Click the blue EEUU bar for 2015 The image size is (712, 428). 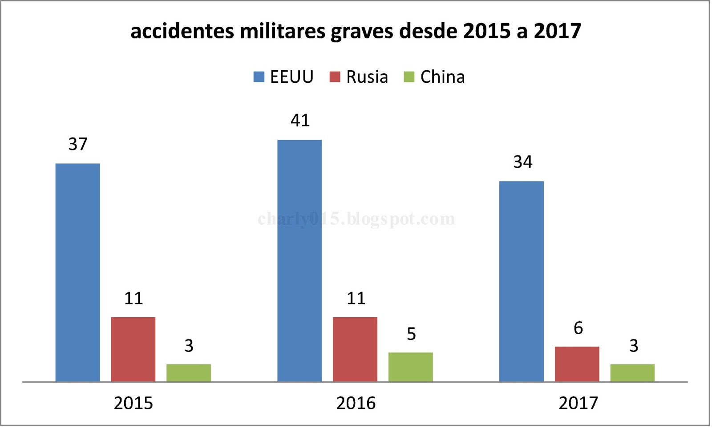77,272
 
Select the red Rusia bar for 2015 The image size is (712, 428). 133,349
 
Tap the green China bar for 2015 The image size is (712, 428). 189,373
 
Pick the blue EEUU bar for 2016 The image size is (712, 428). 299,261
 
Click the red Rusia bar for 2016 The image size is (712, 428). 355,349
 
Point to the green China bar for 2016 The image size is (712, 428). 410,367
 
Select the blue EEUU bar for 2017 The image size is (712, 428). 522,281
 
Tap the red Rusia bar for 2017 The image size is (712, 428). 577,364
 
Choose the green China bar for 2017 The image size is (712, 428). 632,373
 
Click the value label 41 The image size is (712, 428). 300,121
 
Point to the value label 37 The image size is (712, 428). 78,144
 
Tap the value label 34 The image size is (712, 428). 522,162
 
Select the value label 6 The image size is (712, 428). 578,328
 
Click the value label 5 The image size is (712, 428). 411,334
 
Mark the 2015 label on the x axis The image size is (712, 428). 133,403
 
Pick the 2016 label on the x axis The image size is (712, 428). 356,403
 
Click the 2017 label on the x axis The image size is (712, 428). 578,403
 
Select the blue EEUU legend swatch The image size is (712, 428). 259,77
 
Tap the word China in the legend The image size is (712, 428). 442,77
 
